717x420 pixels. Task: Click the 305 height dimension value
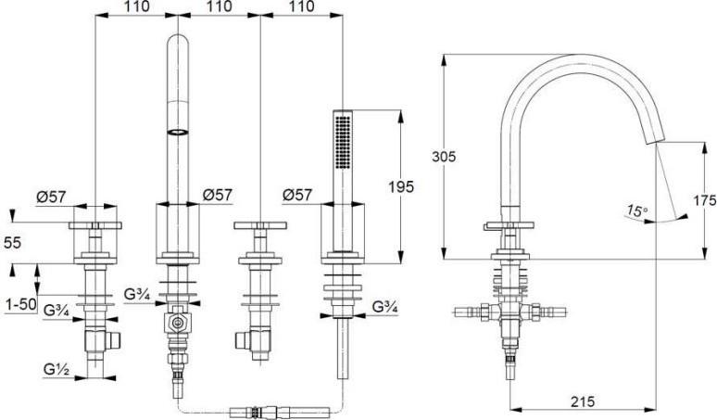click(444, 157)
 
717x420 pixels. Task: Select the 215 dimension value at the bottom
click(583, 401)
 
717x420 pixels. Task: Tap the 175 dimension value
click(704, 200)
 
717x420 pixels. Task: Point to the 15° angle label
click(637, 210)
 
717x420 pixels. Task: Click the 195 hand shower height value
click(401, 186)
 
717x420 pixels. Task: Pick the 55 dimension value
click(12, 243)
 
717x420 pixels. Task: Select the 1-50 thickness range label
click(21, 304)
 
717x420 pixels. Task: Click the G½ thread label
click(57, 369)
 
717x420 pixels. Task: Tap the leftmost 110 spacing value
click(136, 6)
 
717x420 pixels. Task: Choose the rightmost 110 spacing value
click(302, 6)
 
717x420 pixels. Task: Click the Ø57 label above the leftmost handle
click(51, 197)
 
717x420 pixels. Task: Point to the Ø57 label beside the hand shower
click(297, 195)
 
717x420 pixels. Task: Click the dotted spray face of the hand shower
click(343, 142)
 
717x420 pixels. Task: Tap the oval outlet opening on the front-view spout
click(178, 132)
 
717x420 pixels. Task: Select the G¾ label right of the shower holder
click(384, 307)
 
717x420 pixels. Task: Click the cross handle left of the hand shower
click(260, 225)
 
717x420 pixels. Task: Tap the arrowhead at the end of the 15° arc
click(682, 216)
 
